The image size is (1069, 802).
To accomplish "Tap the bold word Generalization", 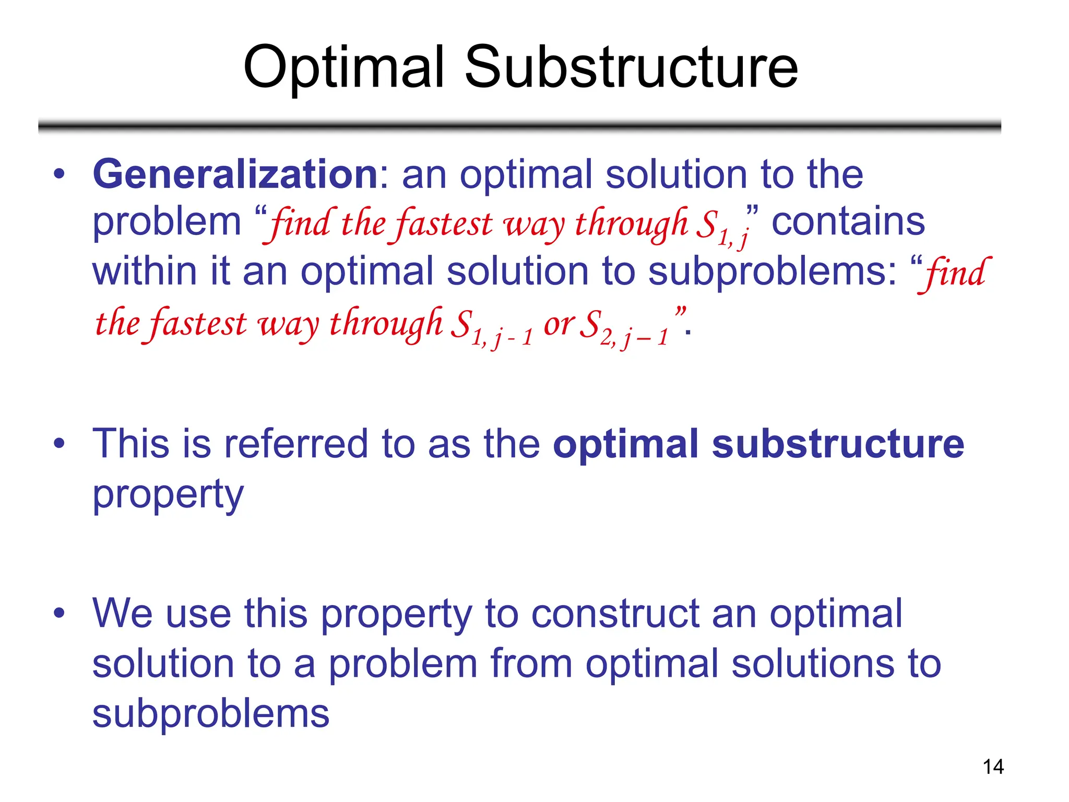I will [235, 174].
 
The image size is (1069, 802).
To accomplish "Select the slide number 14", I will [993, 767].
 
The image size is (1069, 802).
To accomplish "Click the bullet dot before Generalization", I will [60, 173].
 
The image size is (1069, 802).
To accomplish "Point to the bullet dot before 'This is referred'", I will [60, 443].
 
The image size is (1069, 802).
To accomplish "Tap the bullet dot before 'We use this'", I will [60, 612].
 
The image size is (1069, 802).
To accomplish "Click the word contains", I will [848, 221].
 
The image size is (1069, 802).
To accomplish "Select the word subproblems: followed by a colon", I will [772, 272].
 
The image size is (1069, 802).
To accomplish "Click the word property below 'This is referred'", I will [168, 494].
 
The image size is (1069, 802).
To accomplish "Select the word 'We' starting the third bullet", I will [122, 613].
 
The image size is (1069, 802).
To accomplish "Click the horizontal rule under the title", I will [519, 126].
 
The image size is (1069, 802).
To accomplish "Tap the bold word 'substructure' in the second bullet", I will [838, 444].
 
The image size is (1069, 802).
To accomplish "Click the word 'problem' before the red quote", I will [167, 222].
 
